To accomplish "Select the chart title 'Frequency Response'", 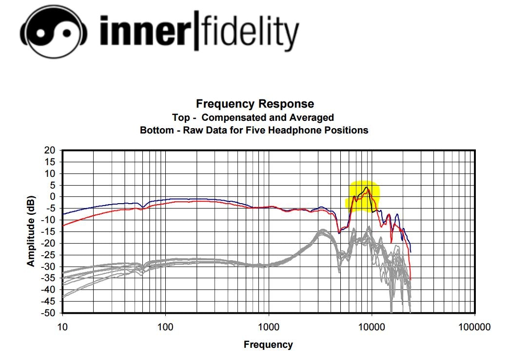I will click(x=254, y=104).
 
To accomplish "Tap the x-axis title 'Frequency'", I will click(x=268, y=345).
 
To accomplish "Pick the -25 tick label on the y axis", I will click(x=50, y=255).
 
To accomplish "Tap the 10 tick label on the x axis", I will click(x=62, y=326).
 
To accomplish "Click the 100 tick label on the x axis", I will click(x=166, y=326).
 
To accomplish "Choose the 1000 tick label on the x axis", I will click(x=269, y=326).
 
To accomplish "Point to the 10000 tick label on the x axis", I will click(x=372, y=326).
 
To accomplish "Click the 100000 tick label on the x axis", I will click(x=475, y=326).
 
